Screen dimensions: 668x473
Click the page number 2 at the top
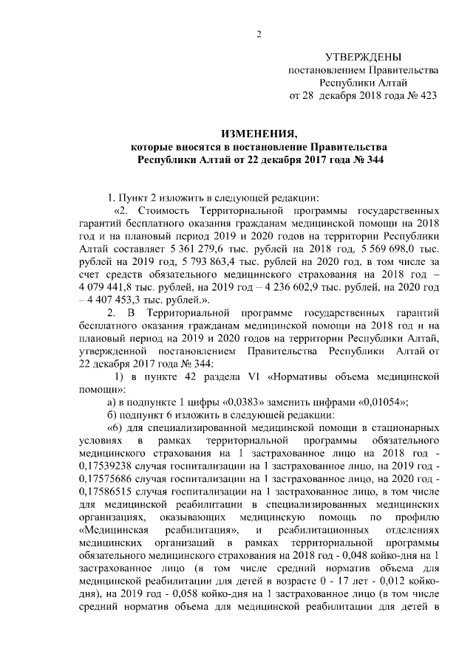pyautogui.click(x=259, y=32)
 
